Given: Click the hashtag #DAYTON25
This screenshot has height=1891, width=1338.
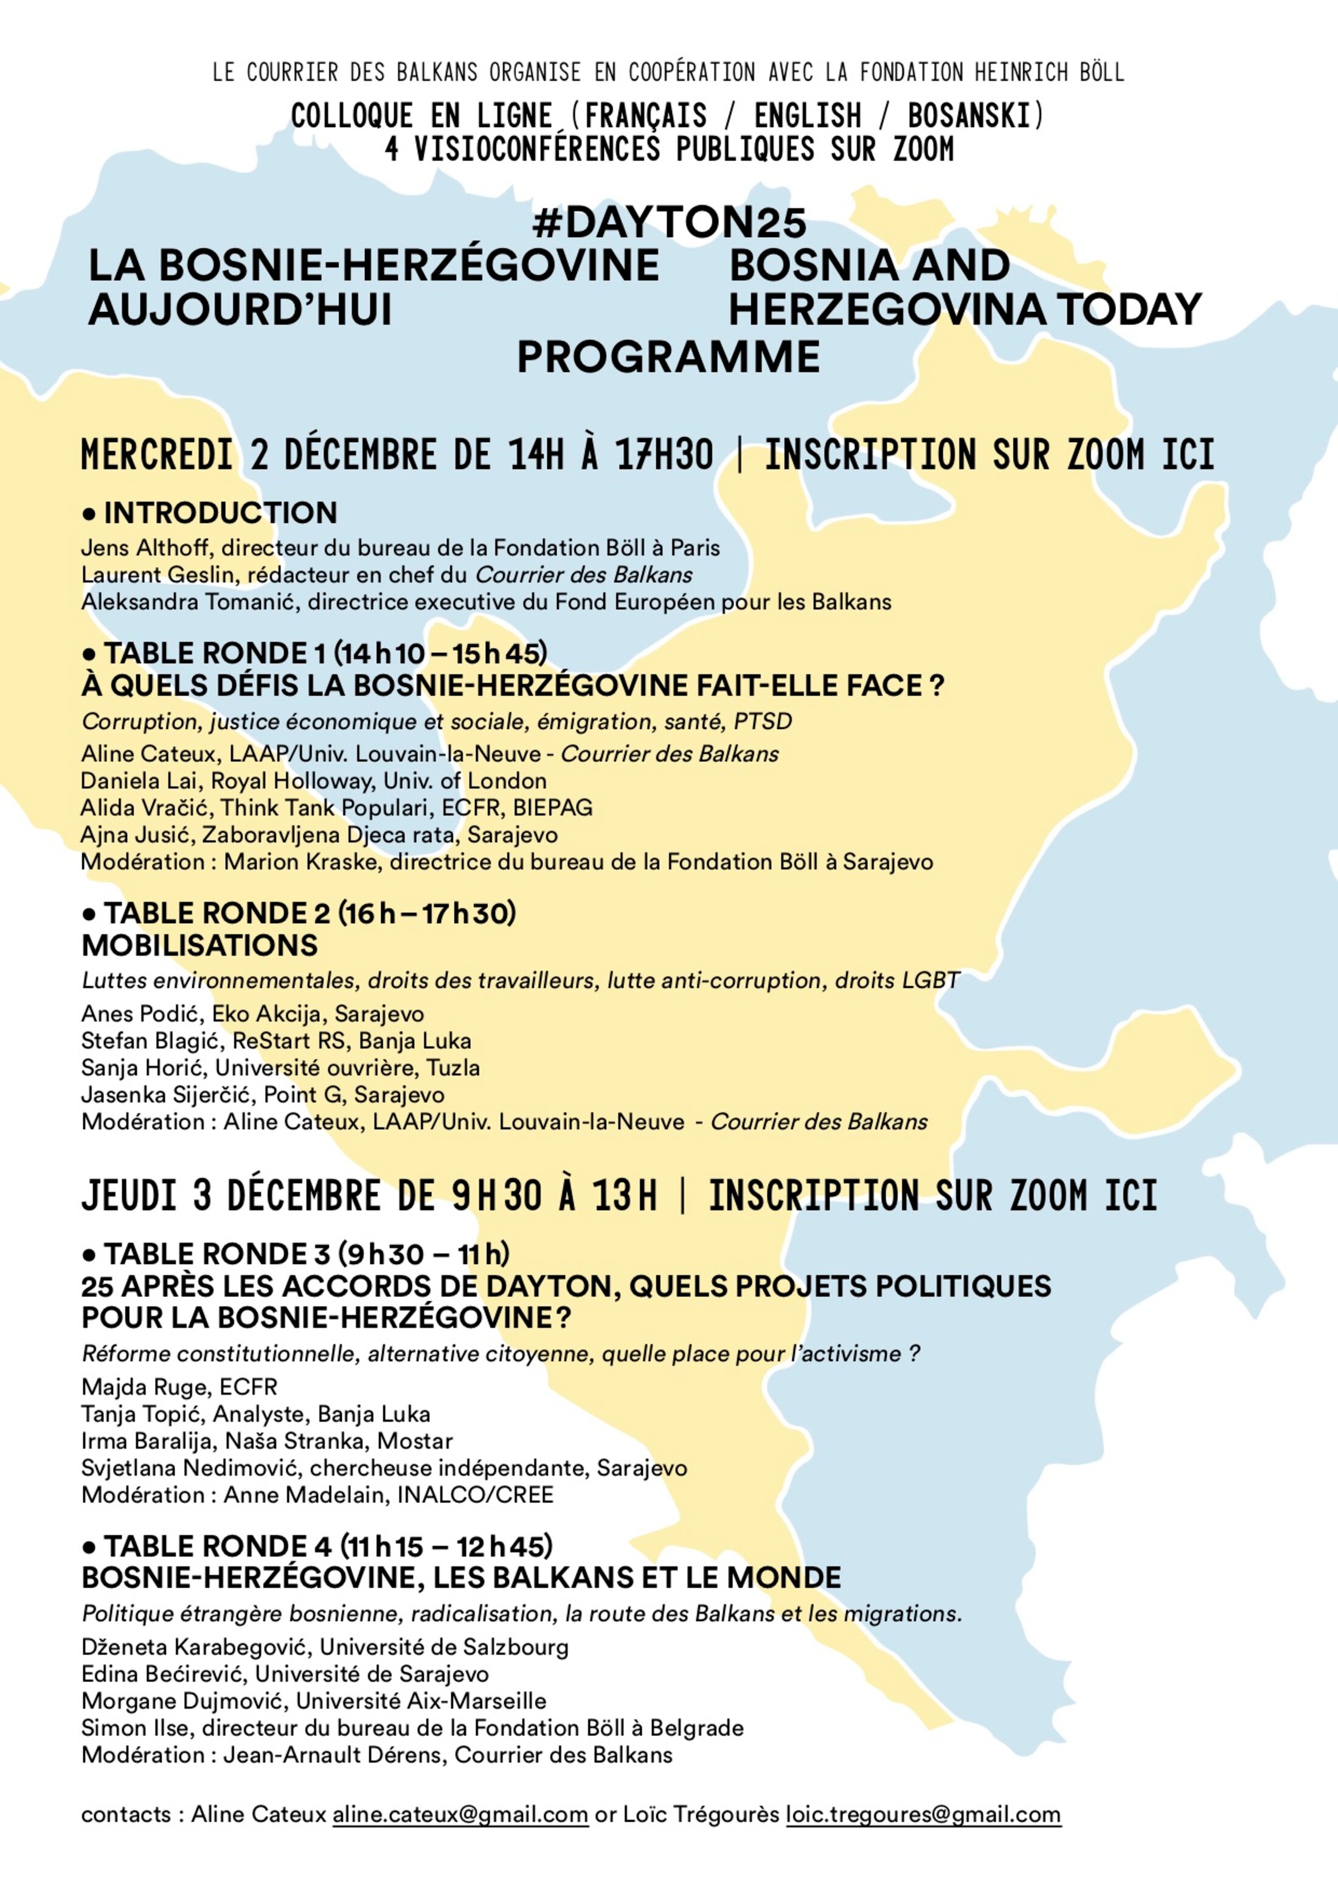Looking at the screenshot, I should click(668, 223).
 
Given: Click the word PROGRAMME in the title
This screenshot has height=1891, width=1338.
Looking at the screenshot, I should click(668, 357).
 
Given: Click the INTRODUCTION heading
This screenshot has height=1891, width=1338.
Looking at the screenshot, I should click(220, 513).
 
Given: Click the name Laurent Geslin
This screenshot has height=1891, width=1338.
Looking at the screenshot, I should click(145, 575).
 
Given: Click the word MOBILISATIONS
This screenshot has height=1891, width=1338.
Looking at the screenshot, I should click(199, 945).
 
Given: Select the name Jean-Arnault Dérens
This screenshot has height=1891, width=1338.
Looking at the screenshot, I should click(333, 1755).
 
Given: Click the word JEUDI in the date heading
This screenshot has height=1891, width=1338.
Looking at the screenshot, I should click(130, 1197).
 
